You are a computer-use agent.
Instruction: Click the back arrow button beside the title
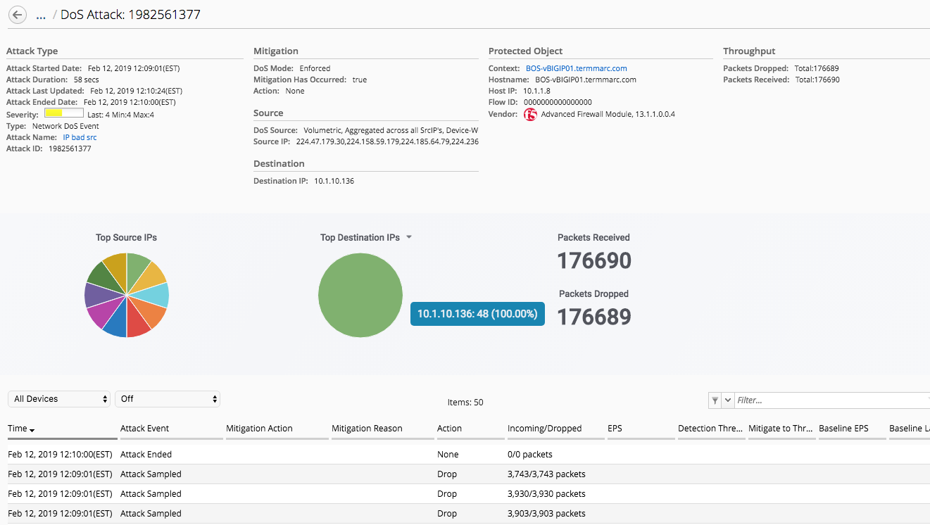[18, 15]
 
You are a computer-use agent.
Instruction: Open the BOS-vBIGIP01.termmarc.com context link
[576, 68]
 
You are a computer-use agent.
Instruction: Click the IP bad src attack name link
[80, 137]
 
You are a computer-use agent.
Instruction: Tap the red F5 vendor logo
[530, 114]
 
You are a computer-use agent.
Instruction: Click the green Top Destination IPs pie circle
[360, 295]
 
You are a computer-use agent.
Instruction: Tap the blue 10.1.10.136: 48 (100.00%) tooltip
[477, 314]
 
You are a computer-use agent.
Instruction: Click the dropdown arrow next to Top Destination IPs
[409, 237]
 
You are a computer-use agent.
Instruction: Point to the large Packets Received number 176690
[594, 261]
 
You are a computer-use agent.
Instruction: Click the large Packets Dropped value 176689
[594, 317]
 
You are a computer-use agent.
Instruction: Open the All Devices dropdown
[59, 399]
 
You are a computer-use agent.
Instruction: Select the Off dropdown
[167, 399]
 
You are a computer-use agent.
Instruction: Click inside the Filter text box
[831, 400]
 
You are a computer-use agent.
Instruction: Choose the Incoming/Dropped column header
[544, 428]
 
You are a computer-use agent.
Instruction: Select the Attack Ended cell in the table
[146, 455]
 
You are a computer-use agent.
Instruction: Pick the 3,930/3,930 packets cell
[546, 494]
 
